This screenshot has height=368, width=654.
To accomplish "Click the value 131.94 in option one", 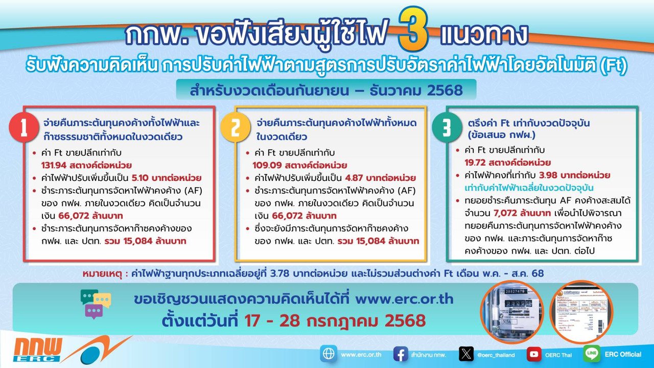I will click(54, 165).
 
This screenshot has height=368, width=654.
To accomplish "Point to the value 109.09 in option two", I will click(265, 165).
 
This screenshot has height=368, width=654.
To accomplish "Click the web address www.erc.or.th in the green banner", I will click(404, 298).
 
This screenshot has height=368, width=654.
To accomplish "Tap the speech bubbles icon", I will click(96, 303).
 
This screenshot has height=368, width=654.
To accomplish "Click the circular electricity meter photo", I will click(512, 311).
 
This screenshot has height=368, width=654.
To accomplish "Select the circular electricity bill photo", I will click(581, 311).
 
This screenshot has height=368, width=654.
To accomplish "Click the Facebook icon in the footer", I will click(401, 354).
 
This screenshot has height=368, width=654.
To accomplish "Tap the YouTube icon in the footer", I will click(534, 354).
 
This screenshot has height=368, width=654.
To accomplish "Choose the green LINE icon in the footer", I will click(592, 354).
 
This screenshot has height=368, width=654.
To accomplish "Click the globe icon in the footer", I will click(329, 354).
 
